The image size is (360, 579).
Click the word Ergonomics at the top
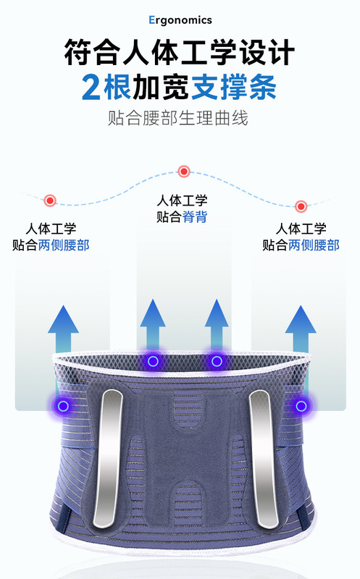tap(180, 20)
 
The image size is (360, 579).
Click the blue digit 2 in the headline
tap(91, 87)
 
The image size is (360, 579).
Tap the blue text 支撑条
tap(233, 87)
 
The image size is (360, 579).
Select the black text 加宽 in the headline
tap(161, 87)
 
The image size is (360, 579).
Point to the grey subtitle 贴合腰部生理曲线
tap(178, 118)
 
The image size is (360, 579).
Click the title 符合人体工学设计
tap(180, 52)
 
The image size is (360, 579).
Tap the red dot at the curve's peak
tap(184, 172)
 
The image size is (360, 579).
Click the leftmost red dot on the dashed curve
tap(50, 200)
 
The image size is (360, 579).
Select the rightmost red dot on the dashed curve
tap(301, 206)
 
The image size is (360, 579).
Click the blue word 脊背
tap(195, 216)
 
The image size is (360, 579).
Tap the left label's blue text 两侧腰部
tap(64, 245)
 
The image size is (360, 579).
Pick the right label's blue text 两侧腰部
tap(314, 245)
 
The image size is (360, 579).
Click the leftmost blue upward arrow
tap(63, 329)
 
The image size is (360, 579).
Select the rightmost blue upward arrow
tap(301, 329)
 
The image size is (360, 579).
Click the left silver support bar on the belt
tap(109, 458)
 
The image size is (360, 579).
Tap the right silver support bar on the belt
tap(264, 458)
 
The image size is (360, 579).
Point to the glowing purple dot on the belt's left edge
tap(63, 406)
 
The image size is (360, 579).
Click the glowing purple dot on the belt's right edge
tap(301, 406)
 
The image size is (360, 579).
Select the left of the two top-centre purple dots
tap(153, 361)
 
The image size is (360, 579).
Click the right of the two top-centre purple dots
tap(217, 361)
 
